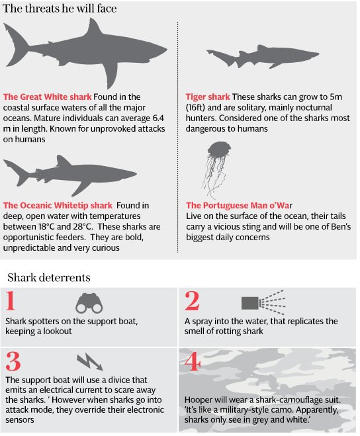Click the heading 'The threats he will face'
(60, 9)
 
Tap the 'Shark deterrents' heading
(49, 277)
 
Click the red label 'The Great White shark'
(47, 97)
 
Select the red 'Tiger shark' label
(208, 97)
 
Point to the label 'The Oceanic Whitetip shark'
(58, 205)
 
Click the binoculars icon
(89, 303)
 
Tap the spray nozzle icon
(263, 302)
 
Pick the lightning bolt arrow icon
(90, 362)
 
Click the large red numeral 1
(11, 300)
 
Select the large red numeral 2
(192, 300)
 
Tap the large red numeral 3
(13, 361)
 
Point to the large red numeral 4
(193, 361)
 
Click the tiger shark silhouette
(263, 56)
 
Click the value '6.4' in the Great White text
(158, 118)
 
